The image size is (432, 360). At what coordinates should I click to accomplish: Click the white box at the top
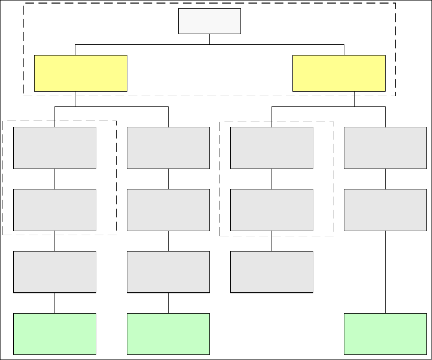pos(209,21)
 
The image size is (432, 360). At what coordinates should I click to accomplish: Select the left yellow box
pos(80,73)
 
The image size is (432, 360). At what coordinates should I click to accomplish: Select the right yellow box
pos(339,73)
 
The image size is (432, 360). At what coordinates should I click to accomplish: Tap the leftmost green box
pos(55,334)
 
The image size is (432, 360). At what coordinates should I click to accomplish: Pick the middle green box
pos(168,334)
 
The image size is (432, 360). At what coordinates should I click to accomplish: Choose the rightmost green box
pos(385,334)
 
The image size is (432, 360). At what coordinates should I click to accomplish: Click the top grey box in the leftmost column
pos(55,148)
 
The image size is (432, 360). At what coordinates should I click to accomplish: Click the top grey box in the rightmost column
pos(385,148)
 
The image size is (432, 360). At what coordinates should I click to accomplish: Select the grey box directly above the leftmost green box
pos(55,272)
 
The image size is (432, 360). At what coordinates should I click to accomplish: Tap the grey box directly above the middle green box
pos(168,272)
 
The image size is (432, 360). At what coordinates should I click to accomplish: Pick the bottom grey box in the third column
pos(272,272)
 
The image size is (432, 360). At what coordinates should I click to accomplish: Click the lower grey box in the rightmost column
pos(385,210)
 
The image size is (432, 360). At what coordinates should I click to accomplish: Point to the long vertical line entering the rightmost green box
pos(385,272)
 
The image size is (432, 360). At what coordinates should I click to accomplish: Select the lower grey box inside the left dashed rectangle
pos(55,210)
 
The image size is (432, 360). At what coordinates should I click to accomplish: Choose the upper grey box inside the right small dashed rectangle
pos(272,148)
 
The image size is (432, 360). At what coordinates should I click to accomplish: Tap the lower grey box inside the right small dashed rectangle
pos(272,210)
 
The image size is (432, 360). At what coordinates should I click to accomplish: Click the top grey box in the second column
pos(168,148)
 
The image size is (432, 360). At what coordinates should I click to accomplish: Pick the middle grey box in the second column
pos(168,210)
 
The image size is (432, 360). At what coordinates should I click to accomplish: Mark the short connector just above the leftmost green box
pos(55,303)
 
